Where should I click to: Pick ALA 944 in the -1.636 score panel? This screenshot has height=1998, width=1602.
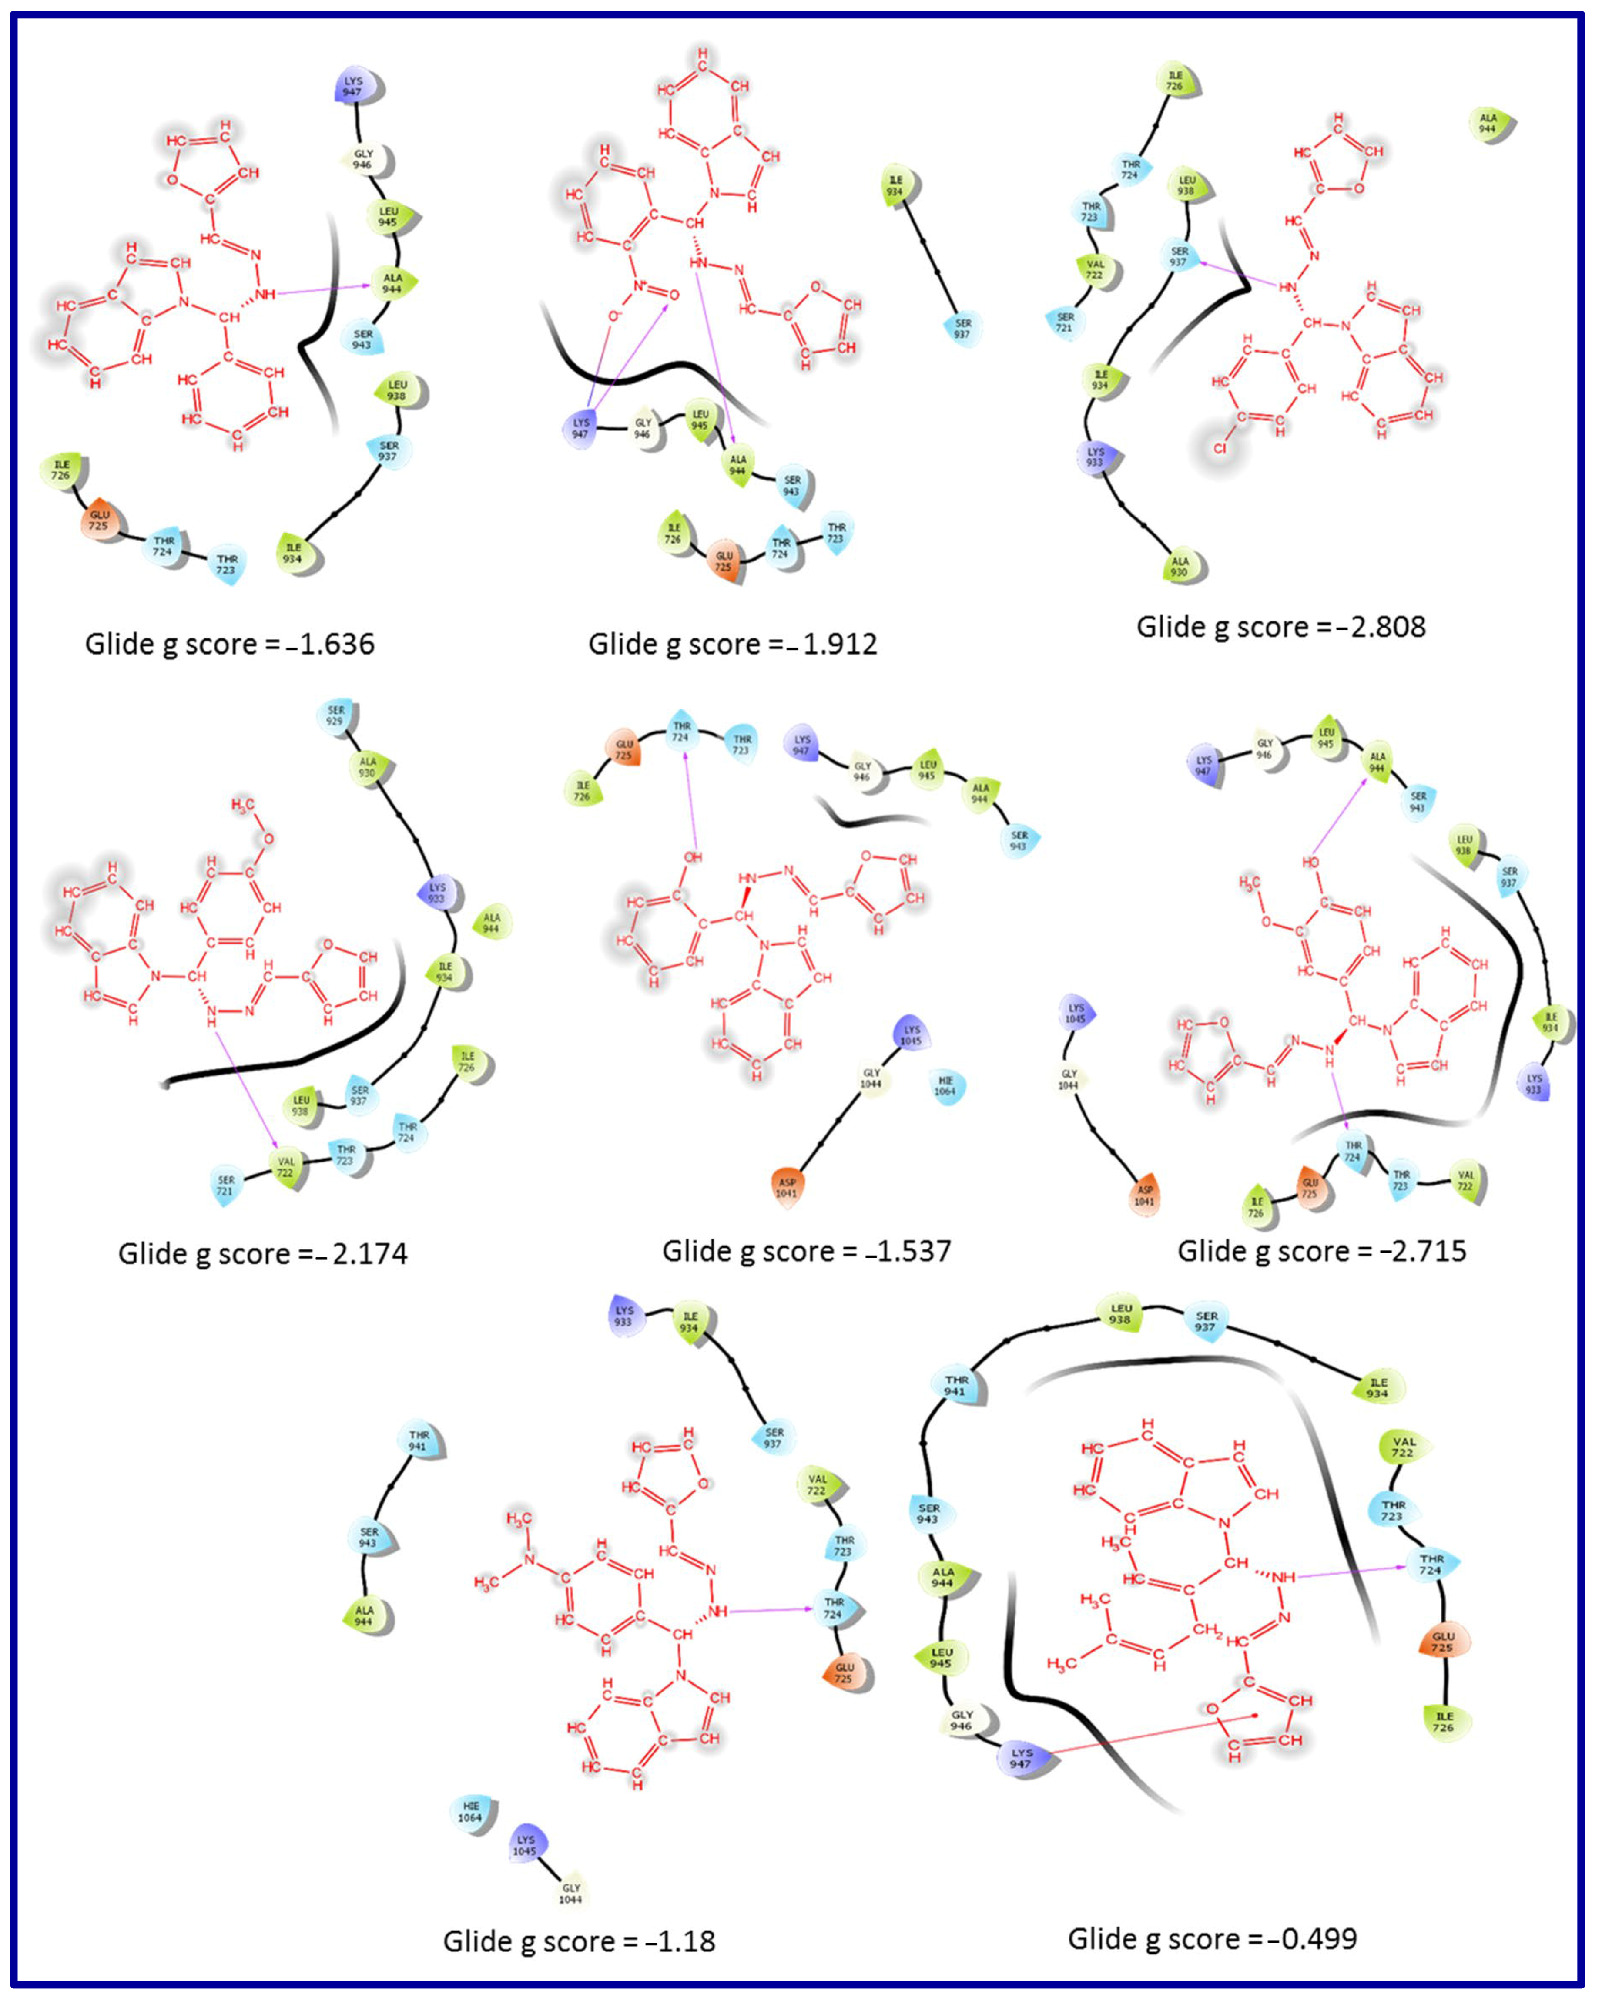coord(393,282)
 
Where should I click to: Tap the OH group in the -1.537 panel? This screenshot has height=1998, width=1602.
coord(692,857)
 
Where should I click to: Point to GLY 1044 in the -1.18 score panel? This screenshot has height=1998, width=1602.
coord(571,1893)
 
